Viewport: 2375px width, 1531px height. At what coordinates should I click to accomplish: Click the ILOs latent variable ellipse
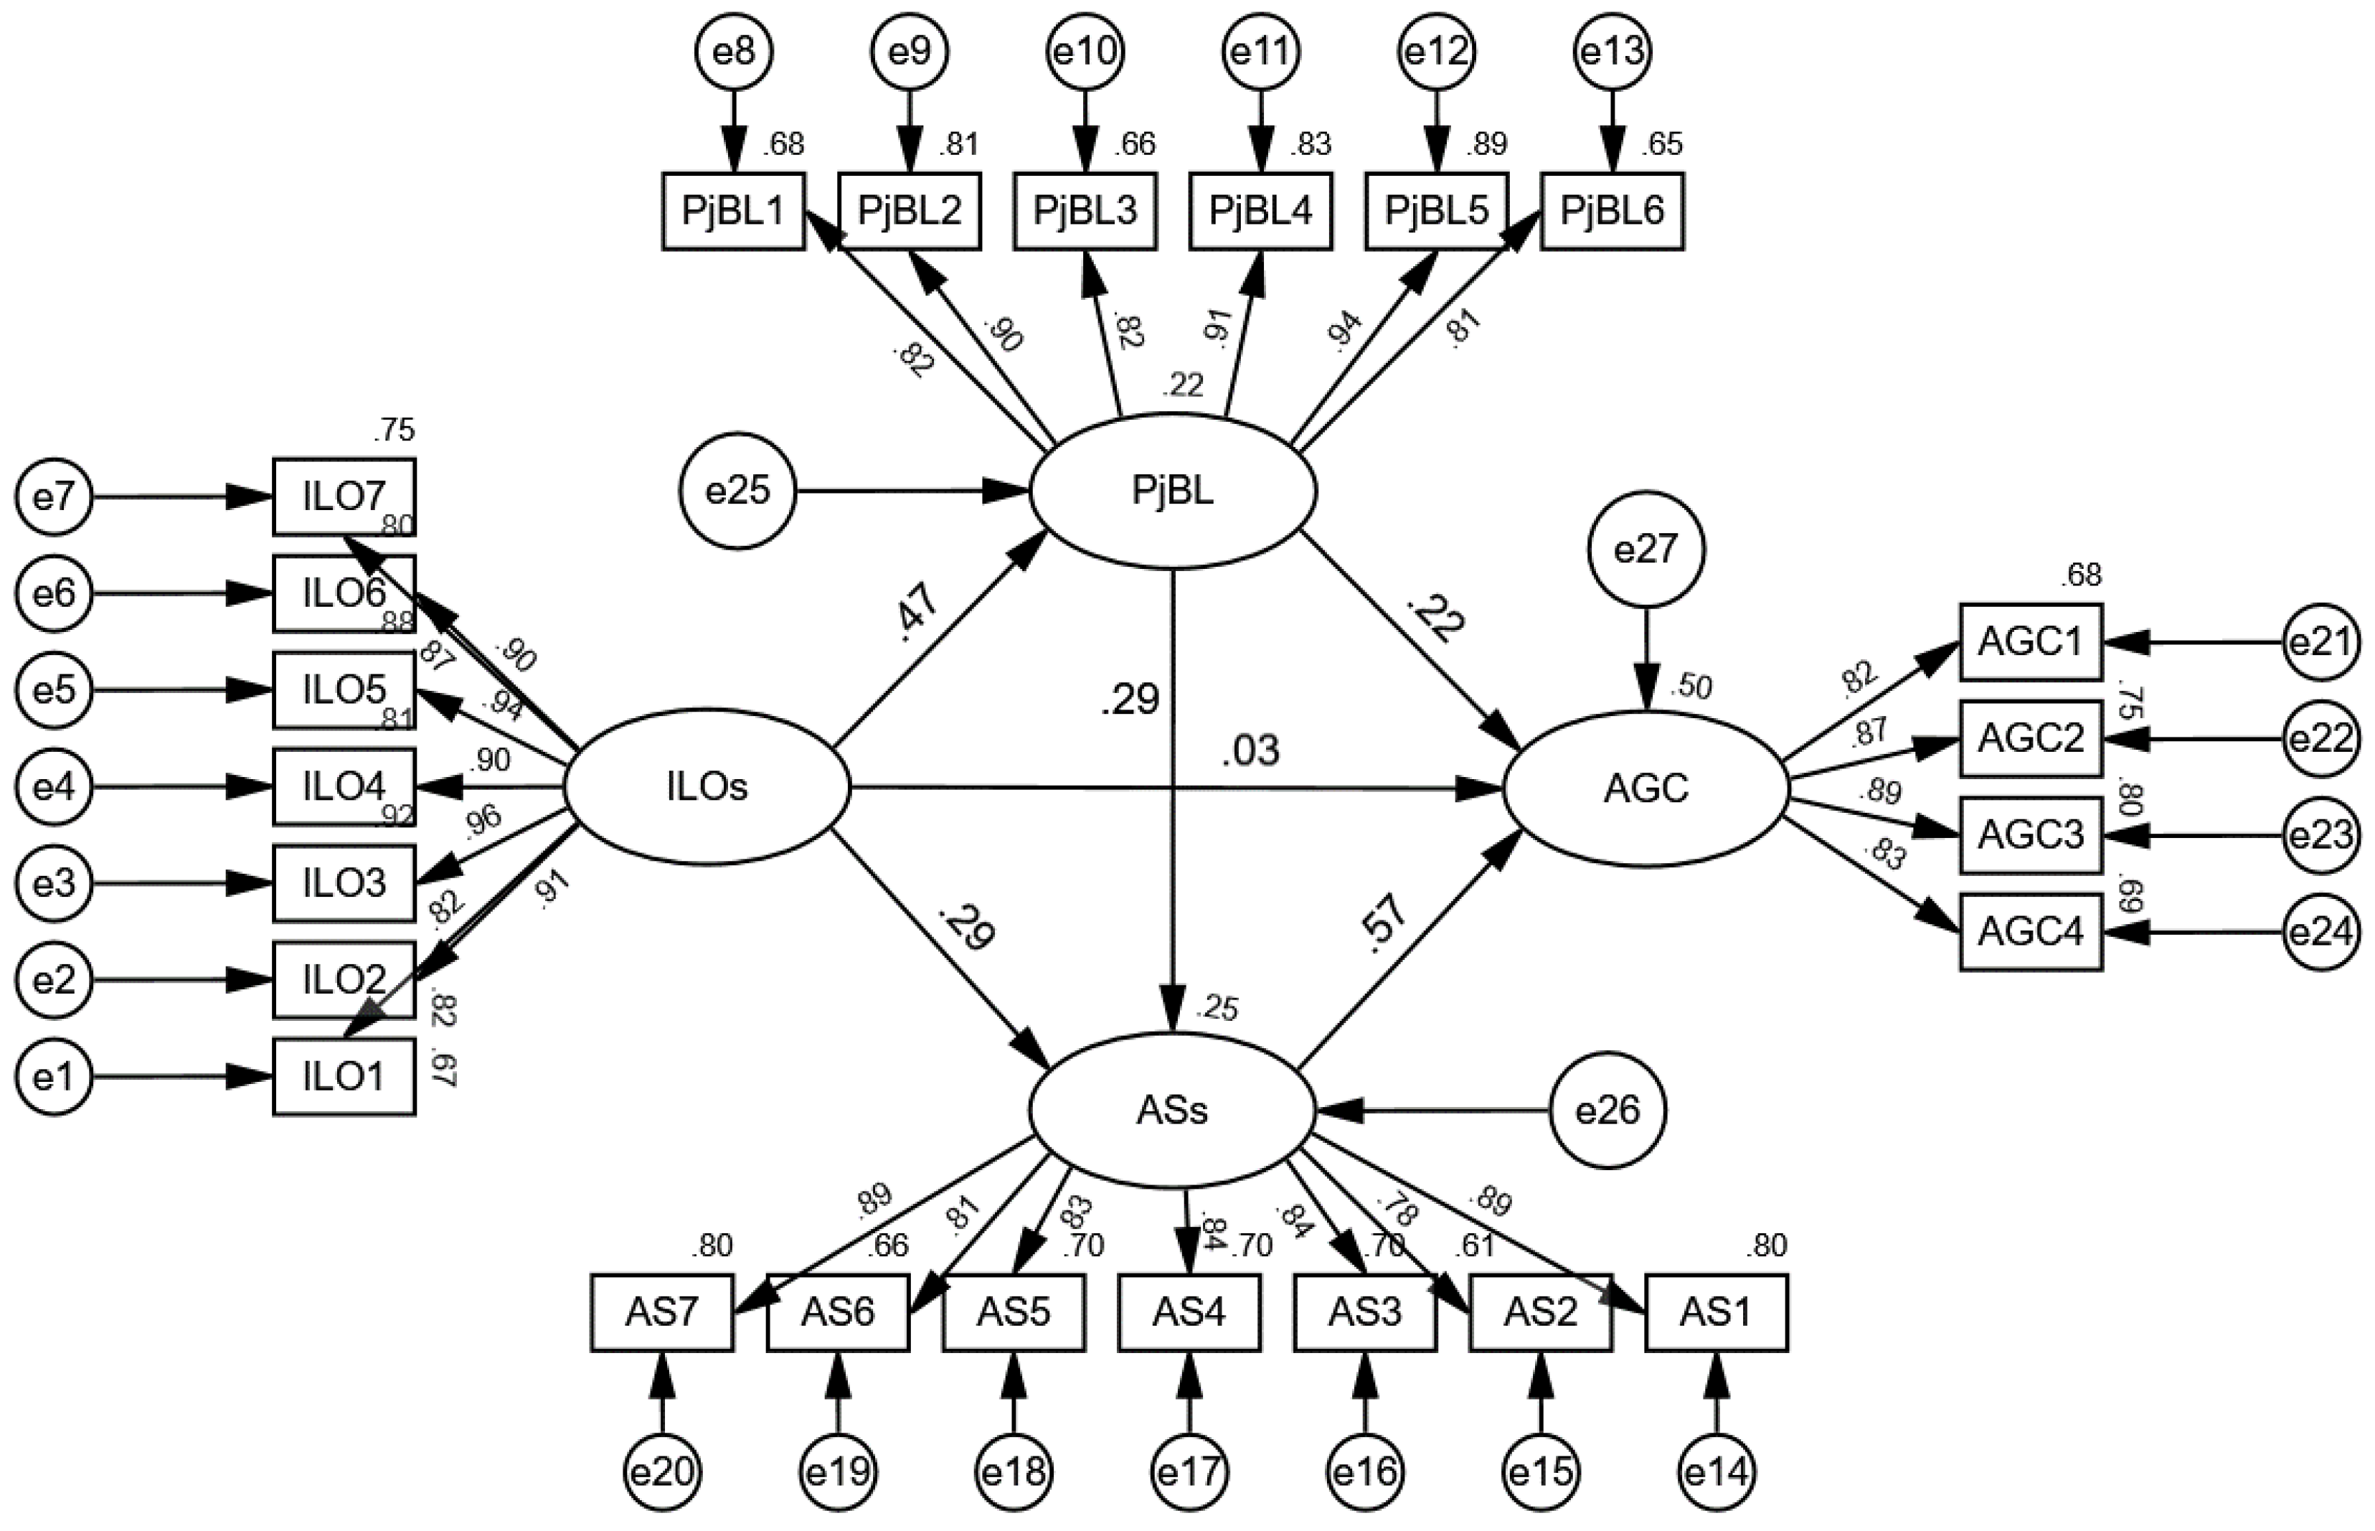tap(707, 787)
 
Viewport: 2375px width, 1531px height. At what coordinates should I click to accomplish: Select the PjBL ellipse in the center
tap(1174, 491)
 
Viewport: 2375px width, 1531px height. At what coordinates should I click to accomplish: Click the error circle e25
tap(738, 491)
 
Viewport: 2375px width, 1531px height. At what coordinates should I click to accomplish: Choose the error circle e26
tap(1608, 1111)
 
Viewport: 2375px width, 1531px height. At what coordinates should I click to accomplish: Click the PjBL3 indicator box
tap(1085, 211)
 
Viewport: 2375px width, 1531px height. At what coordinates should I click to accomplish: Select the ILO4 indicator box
tap(344, 787)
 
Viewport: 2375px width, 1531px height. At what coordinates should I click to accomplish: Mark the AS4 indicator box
tap(1189, 1312)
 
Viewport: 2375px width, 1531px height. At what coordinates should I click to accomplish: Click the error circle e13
tap(1613, 52)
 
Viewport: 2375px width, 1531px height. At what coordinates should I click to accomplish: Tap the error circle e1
tap(54, 1078)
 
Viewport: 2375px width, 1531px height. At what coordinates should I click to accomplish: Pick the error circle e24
tap(2320, 933)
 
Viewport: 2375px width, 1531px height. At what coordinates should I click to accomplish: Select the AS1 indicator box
tap(1717, 1312)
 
